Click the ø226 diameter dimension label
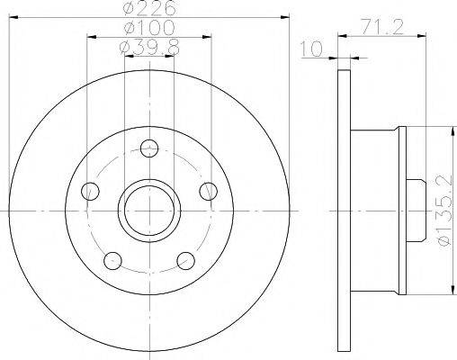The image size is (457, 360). (149, 8)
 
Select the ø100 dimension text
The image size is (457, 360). (149, 28)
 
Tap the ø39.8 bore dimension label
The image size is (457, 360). (149, 48)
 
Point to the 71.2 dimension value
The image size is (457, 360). (381, 28)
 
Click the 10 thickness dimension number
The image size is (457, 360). (311, 49)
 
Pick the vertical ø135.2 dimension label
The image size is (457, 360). (444, 211)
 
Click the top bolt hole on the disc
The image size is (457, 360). (149, 148)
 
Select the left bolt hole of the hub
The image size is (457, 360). (90, 191)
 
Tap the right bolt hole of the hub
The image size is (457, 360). (209, 191)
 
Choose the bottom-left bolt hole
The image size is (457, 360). (113, 261)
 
